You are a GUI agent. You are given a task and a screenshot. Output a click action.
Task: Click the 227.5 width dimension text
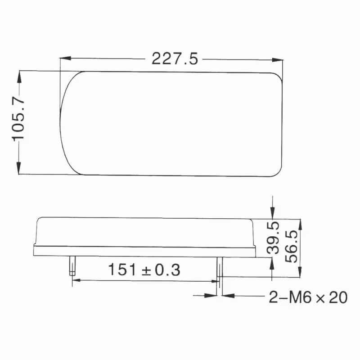tap(175, 59)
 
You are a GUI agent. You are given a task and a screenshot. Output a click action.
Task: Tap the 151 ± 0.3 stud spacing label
tap(144, 270)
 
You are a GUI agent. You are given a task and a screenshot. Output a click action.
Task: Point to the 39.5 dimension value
tap(273, 238)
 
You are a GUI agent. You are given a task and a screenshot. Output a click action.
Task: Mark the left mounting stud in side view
tap(72, 265)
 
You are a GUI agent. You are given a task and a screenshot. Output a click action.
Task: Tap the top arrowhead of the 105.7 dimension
tap(19, 76)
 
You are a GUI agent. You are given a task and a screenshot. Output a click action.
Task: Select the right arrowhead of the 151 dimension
tap(215, 280)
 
